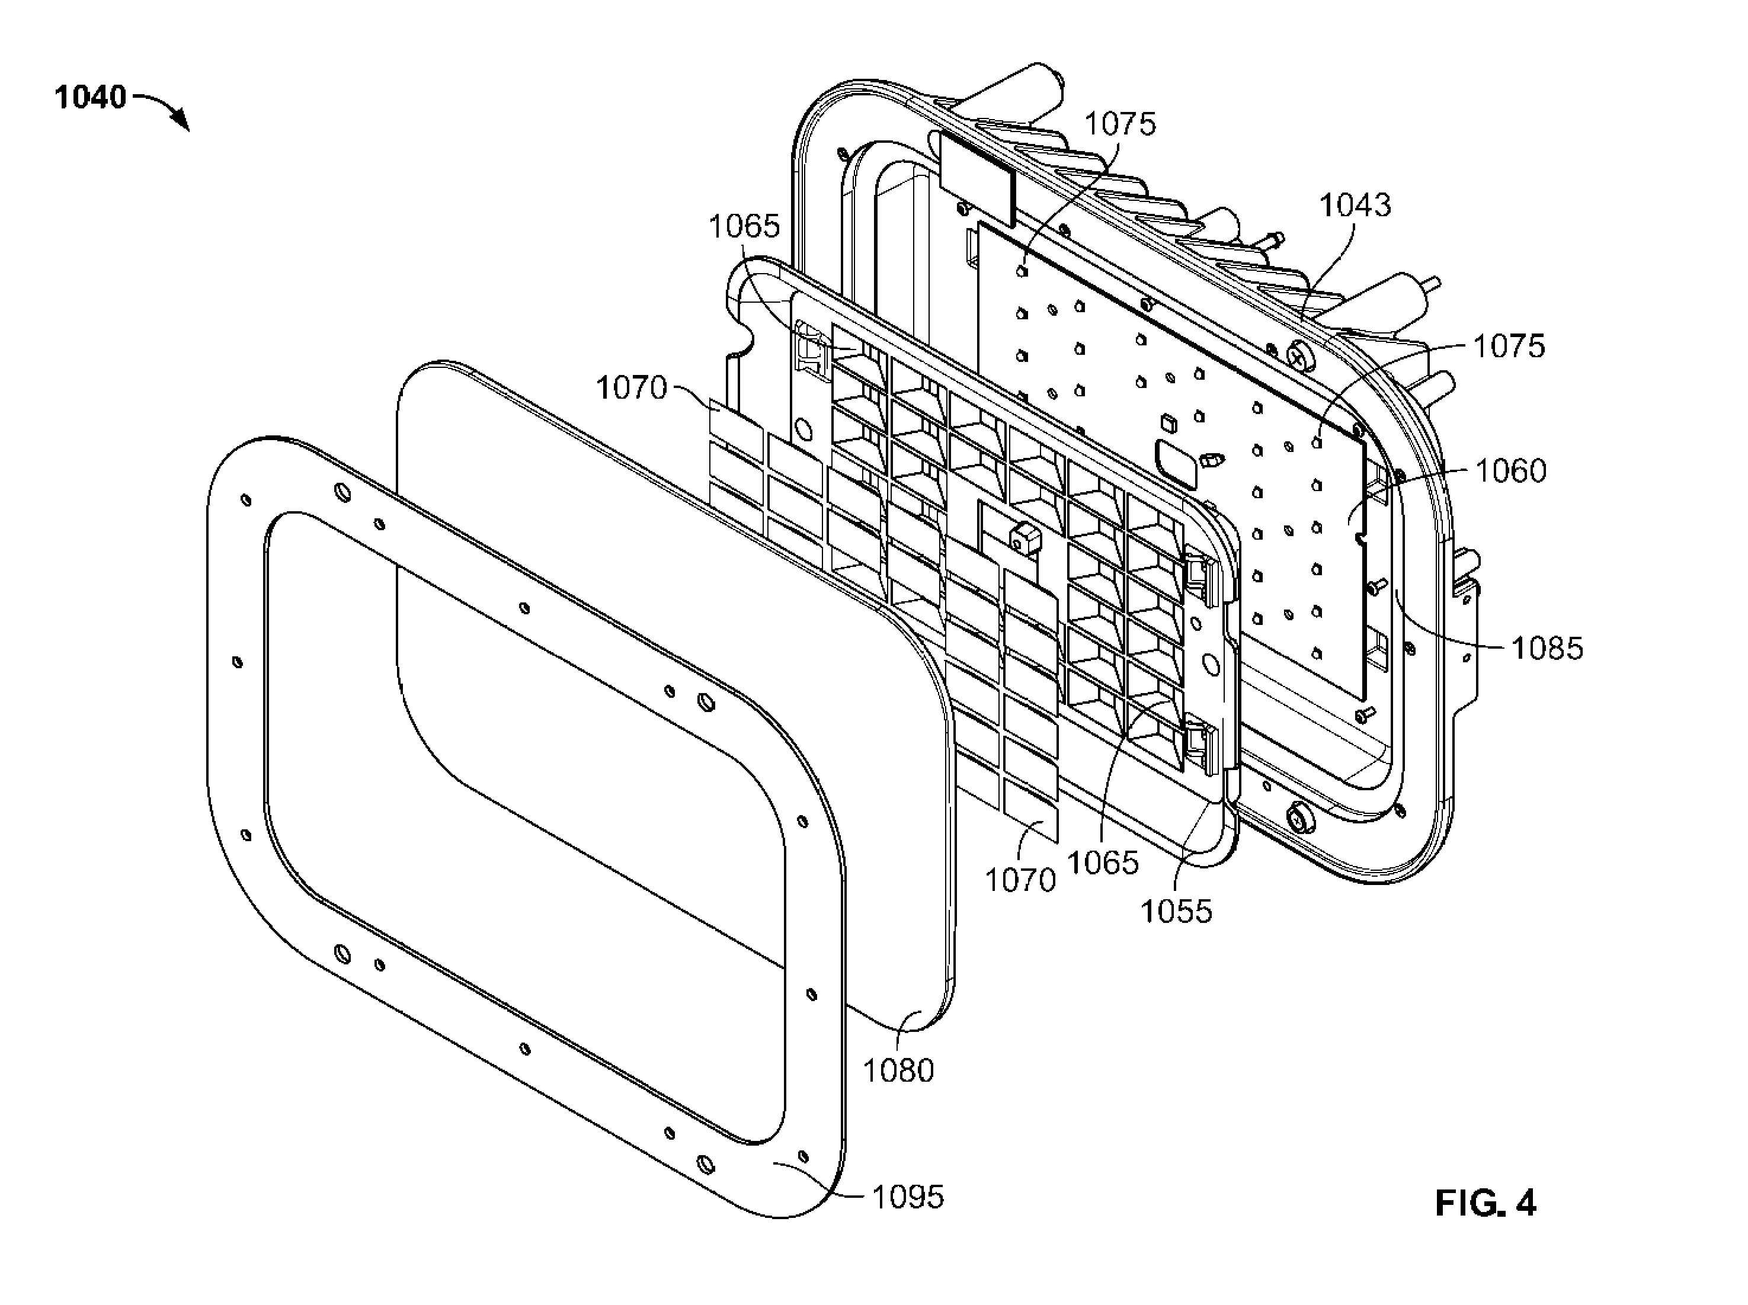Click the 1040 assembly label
pyautogui.click(x=90, y=97)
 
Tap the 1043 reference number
pyautogui.click(x=1355, y=206)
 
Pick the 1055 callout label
pyautogui.click(x=1176, y=911)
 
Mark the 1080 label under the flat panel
pyautogui.click(x=898, y=1070)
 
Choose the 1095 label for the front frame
pyautogui.click(x=908, y=1198)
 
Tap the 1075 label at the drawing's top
pyautogui.click(x=1120, y=124)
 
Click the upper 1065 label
pyautogui.click(x=744, y=227)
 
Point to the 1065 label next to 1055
pyautogui.click(x=1103, y=862)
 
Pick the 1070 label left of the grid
pyautogui.click(x=632, y=388)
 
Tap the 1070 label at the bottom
pyautogui.click(x=1020, y=879)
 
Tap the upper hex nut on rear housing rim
pyautogui.click(x=1300, y=357)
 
